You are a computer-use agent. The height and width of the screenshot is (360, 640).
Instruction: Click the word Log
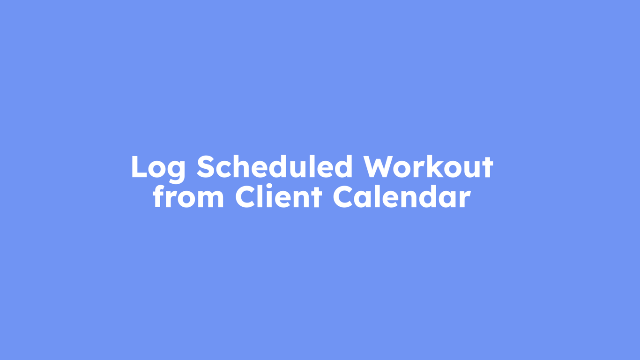click(158, 167)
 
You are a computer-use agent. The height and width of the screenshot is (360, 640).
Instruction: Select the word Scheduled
click(274, 166)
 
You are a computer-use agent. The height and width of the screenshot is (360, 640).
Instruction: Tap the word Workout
click(428, 166)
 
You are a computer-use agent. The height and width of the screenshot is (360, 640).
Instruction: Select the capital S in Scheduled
click(205, 166)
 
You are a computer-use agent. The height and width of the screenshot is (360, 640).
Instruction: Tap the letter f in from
click(159, 197)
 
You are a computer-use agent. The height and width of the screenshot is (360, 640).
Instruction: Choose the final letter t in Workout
click(487, 167)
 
